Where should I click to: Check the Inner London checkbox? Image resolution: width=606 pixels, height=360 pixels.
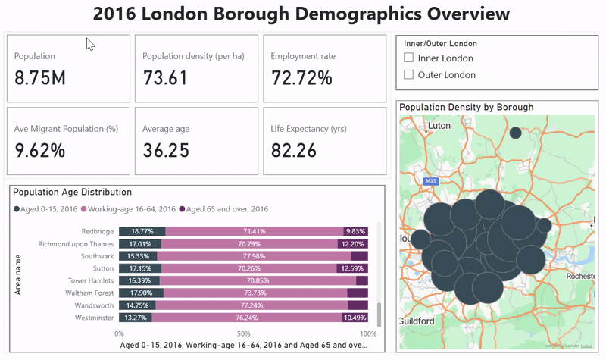(x=409, y=58)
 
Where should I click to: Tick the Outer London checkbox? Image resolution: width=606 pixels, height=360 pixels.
(x=409, y=75)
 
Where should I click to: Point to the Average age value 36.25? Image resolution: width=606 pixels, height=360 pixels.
(x=165, y=150)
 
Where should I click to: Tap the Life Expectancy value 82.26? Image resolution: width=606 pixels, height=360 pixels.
(x=293, y=150)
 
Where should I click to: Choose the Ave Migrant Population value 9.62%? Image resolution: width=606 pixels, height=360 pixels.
(x=39, y=150)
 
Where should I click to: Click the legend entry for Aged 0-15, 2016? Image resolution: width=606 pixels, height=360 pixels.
(x=45, y=209)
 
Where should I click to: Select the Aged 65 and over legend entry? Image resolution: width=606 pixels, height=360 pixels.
(x=223, y=209)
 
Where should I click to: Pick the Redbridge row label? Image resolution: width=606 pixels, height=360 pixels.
(x=98, y=231)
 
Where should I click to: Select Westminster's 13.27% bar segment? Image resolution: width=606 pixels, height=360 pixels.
(x=136, y=318)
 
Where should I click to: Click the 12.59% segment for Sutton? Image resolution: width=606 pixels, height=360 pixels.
(x=353, y=268)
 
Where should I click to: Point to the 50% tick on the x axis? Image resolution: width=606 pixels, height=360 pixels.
(x=243, y=333)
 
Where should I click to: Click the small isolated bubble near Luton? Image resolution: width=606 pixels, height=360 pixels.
(x=515, y=133)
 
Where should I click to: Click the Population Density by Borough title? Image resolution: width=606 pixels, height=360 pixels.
(x=466, y=108)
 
